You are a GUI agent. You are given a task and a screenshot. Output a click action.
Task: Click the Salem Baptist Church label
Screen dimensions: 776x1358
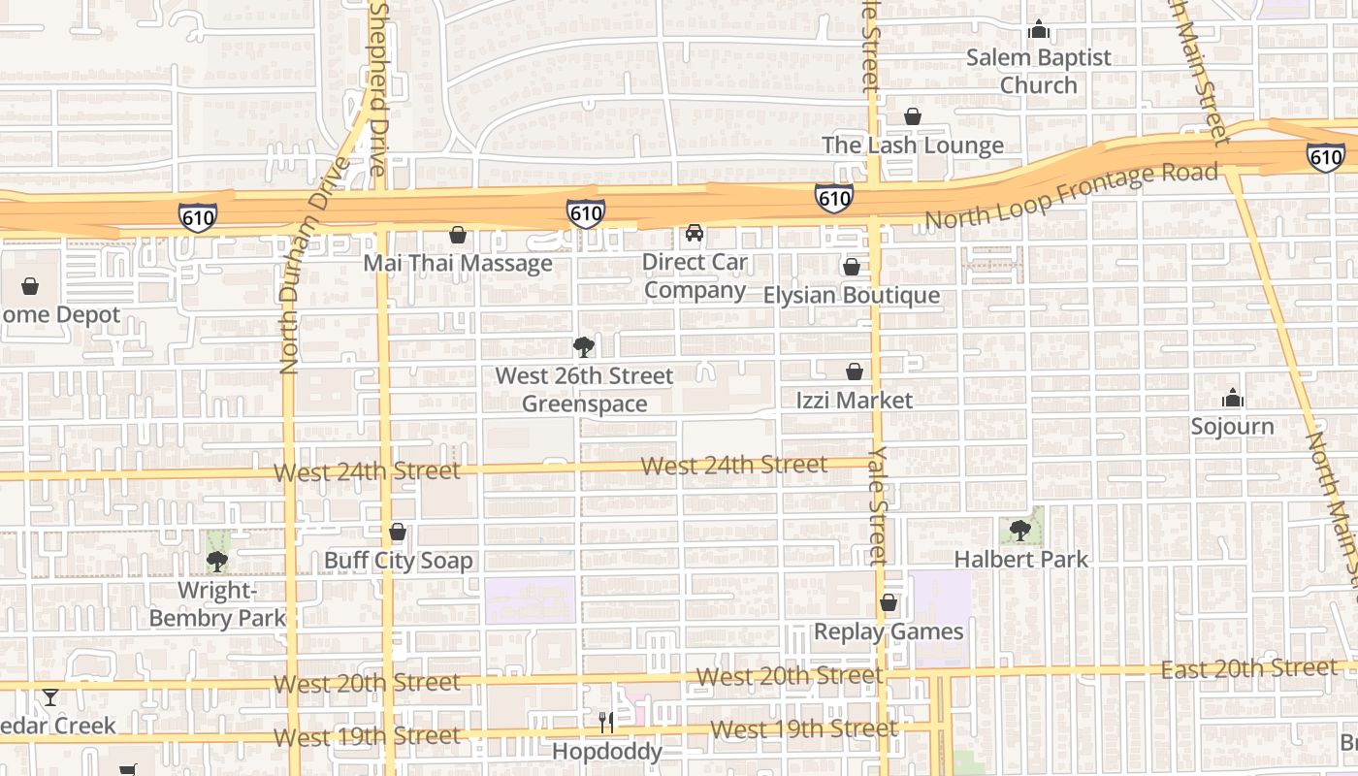point(1038,71)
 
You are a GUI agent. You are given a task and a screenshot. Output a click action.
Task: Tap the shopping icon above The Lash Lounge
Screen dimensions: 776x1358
point(913,116)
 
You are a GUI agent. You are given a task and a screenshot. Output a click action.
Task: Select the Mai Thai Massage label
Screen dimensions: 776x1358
point(458,263)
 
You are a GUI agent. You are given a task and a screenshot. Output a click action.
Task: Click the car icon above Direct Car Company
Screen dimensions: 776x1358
point(695,233)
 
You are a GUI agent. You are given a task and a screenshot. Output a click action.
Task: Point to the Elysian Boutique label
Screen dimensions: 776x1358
point(852,295)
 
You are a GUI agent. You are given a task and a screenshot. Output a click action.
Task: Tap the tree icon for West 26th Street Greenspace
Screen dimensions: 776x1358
point(583,346)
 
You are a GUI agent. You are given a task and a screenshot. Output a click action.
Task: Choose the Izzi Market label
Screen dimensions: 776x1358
point(854,400)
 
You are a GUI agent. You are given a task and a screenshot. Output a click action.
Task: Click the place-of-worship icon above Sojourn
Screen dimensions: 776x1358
point(1233,398)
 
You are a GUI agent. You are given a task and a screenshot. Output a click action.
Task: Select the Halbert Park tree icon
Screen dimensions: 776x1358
point(1019,530)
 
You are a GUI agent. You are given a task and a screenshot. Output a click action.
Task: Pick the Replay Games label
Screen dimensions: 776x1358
point(889,631)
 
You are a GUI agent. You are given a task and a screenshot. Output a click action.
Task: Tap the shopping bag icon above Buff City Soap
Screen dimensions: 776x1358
point(397,532)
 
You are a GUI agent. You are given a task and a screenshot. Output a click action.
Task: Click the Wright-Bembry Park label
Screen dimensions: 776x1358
point(217,604)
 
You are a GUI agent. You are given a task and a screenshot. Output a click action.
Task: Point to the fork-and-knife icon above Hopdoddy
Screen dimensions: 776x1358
point(606,722)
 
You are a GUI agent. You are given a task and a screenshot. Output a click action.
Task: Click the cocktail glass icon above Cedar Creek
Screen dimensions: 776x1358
point(50,696)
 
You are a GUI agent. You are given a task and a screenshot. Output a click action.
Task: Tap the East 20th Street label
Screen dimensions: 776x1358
point(1249,668)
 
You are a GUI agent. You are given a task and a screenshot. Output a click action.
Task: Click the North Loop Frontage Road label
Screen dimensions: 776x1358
point(1071,196)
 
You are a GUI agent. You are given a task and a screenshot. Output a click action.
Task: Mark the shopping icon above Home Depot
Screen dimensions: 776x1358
point(30,286)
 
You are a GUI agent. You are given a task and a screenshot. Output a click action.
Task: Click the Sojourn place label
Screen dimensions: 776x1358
point(1232,426)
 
